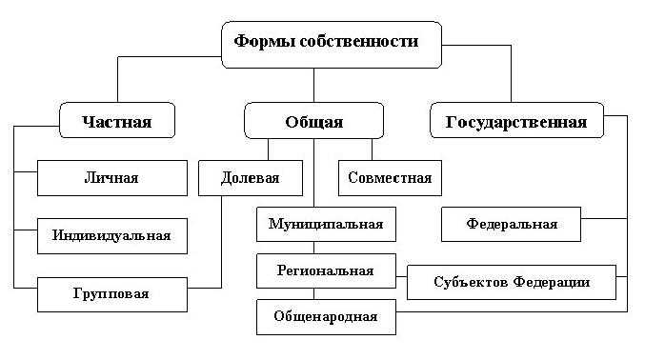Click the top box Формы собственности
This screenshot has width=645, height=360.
[333, 44]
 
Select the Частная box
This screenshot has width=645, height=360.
[117, 121]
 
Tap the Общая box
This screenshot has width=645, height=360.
[313, 121]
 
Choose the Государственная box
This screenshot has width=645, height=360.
[515, 121]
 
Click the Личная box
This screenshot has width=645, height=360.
[112, 178]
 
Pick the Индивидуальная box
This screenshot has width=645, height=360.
[112, 235]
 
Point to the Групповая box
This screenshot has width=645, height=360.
[112, 293]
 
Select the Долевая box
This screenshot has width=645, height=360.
[251, 178]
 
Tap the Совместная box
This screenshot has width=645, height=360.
[390, 178]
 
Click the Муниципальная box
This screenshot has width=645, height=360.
[326, 225]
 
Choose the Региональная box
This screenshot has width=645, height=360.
[326, 270]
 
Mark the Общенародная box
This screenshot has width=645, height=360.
[326, 316]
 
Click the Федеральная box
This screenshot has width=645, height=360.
[512, 225]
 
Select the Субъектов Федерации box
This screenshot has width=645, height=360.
[512, 282]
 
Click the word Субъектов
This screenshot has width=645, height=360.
[472, 282]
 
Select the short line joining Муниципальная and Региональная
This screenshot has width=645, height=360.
[314, 248]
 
